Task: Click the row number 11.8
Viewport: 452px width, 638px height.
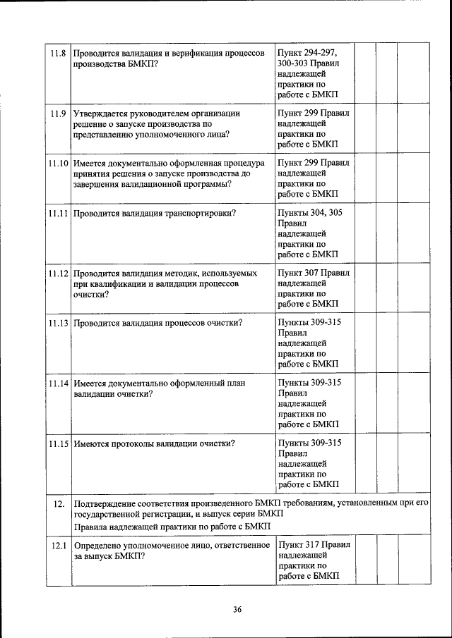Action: click(57, 53)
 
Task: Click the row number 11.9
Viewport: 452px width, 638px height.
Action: click(57, 114)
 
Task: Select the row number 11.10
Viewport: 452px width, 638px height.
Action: click(59, 163)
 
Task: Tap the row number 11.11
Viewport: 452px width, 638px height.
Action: click(59, 212)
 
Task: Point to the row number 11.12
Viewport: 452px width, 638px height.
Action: click(59, 272)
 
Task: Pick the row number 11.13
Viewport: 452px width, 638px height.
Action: click(59, 323)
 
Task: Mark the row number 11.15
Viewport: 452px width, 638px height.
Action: click(59, 443)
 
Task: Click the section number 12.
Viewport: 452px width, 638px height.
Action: click(59, 503)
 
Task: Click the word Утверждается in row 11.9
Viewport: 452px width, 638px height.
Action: click(103, 114)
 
